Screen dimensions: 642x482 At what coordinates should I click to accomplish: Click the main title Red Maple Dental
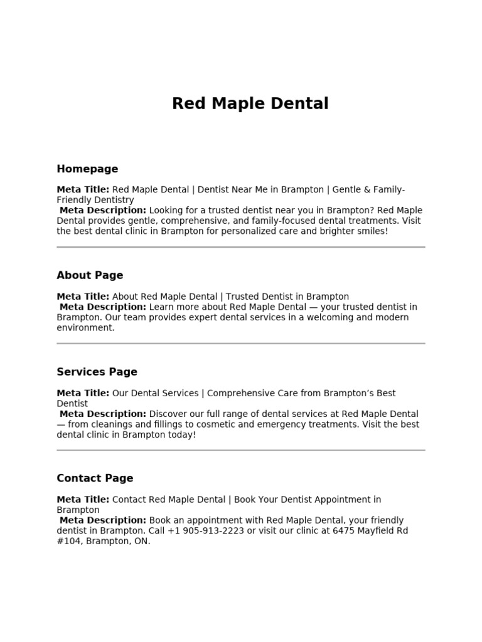[x=250, y=103]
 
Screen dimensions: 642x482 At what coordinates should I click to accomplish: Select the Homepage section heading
[x=87, y=169]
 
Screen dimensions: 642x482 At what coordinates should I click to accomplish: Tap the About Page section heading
[x=90, y=275]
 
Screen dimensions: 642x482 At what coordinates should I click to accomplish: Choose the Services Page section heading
[x=97, y=372]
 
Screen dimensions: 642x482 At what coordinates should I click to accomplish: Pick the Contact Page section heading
[x=95, y=478]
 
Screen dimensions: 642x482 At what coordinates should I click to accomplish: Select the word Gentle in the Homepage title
[x=348, y=189]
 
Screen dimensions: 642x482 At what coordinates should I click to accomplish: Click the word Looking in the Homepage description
[x=168, y=210]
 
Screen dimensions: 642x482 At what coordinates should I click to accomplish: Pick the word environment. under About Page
[x=85, y=327]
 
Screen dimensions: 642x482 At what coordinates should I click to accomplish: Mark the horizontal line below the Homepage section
[x=241, y=248]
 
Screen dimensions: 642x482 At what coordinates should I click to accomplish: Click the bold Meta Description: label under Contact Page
[x=103, y=520]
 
